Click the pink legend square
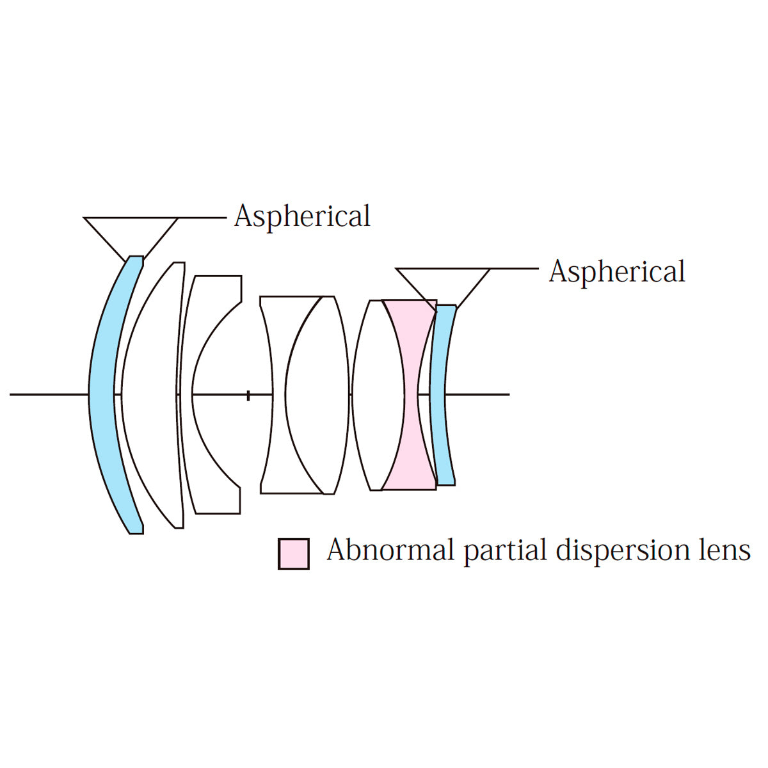coord(294,554)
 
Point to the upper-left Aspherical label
coord(302,216)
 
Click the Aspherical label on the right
coord(617,271)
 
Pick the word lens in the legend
coord(723,550)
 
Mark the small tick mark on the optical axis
coord(248,395)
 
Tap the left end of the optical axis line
coord(12,394)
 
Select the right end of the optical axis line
coord(508,394)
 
